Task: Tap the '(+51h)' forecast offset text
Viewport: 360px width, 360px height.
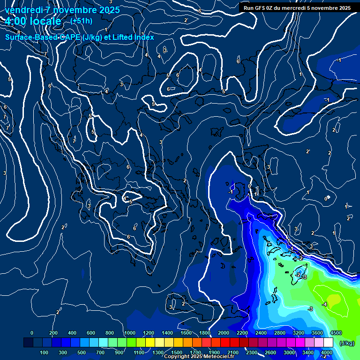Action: [81, 21]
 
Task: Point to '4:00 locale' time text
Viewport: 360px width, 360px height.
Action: [33, 22]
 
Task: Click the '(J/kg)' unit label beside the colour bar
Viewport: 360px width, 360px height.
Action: [346, 344]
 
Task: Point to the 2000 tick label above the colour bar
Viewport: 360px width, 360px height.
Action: [223, 333]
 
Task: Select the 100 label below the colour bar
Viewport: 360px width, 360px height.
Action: [44, 352]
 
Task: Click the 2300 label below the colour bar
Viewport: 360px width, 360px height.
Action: [251, 352]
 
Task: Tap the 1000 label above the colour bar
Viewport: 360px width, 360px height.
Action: [129, 333]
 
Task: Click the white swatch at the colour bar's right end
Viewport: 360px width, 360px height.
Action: [328, 343]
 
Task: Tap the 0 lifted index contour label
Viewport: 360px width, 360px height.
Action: [326, 199]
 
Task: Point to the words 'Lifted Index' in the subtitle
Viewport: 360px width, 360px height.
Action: [132, 37]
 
